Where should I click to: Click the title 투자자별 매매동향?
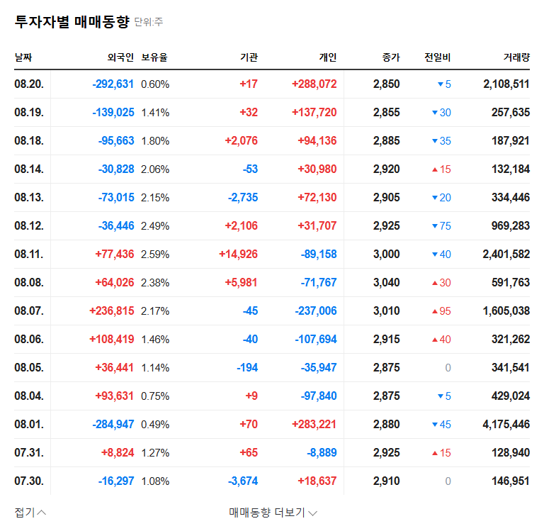pyautogui.click(x=72, y=22)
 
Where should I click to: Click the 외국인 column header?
pyautogui.click(x=120, y=57)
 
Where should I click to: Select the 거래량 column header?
pyautogui.click(x=514, y=57)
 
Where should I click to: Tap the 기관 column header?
pyautogui.click(x=249, y=57)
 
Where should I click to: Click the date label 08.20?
pyautogui.click(x=29, y=84)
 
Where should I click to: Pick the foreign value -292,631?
pyautogui.click(x=113, y=84)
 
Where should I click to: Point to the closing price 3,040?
pyautogui.click(x=386, y=283)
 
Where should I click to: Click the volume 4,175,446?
pyautogui.click(x=506, y=425)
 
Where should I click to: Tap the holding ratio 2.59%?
pyautogui.click(x=155, y=255)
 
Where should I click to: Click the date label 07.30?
pyautogui.click(x=29, y=481)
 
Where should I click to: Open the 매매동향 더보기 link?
pyautogui.click(x=273, y=512)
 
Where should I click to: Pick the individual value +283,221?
pyautogui.click(x=314, y=425)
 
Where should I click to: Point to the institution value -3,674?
pyautogui.click(x=243, y=481)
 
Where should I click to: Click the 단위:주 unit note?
pyautogui.click(x=149, y=23)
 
